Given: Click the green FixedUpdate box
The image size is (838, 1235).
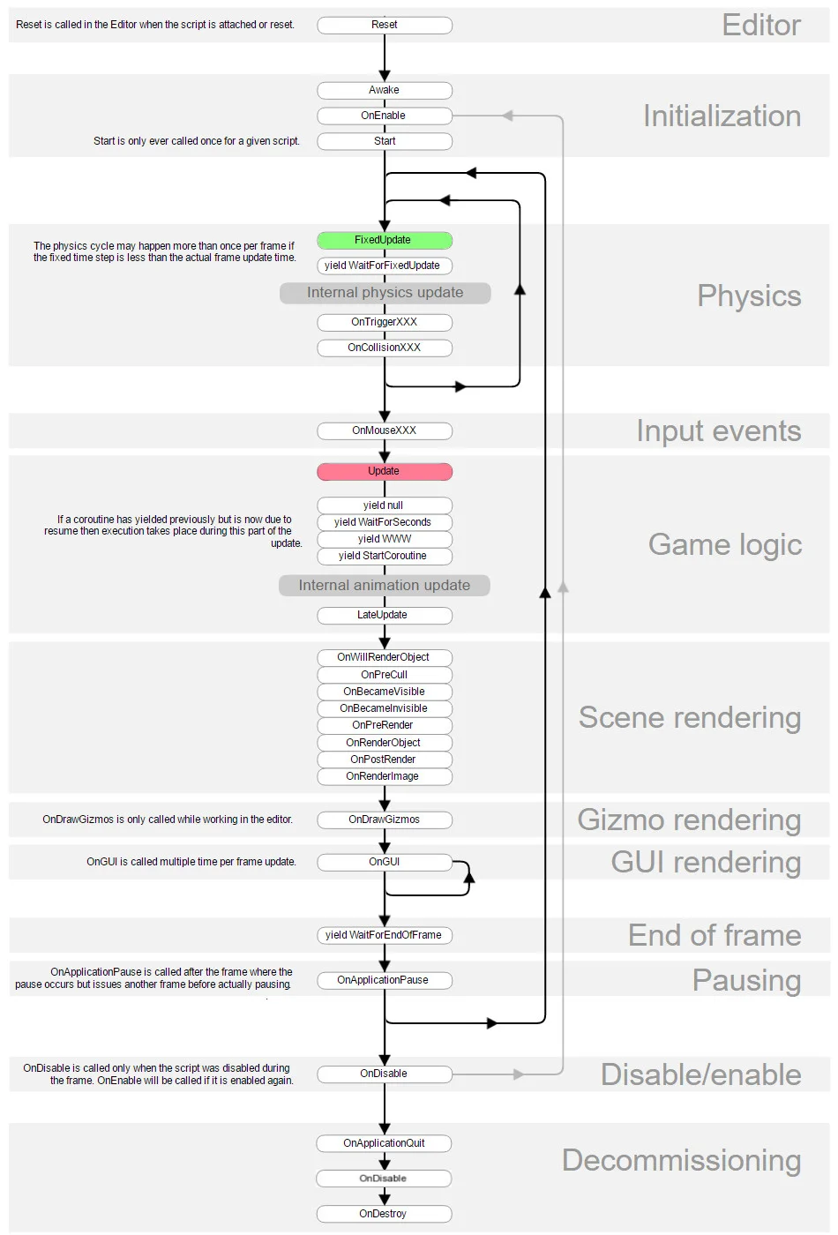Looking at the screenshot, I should [x=385, y=240].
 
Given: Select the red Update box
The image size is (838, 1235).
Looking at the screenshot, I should [x=385, y=471].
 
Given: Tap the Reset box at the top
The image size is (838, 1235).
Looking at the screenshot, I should [x=385, y=25].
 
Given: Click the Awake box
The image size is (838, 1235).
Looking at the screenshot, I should [x=385, y=90].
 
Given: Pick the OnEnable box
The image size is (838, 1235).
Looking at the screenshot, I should [x=385, y=116].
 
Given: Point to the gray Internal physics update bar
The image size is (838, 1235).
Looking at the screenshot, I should [x=385, y=293].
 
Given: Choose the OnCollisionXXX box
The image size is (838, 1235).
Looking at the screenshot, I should [x=385, y=348].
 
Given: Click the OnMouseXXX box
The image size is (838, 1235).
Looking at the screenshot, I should [x=385, y=430].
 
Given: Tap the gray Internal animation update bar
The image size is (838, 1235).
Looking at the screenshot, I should [x=385, y=585].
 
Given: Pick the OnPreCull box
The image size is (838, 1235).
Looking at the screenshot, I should [x=385, y=675].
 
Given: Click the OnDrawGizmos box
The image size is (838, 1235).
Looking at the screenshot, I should [x=385, y=820].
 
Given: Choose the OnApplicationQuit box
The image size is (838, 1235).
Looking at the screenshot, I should [x=385, y=1143].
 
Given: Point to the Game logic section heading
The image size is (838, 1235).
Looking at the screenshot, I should [x=725, y=544].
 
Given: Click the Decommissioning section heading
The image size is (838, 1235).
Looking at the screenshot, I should [x=681, y=1160].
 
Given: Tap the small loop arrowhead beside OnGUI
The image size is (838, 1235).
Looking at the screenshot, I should [x=469, y=877].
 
